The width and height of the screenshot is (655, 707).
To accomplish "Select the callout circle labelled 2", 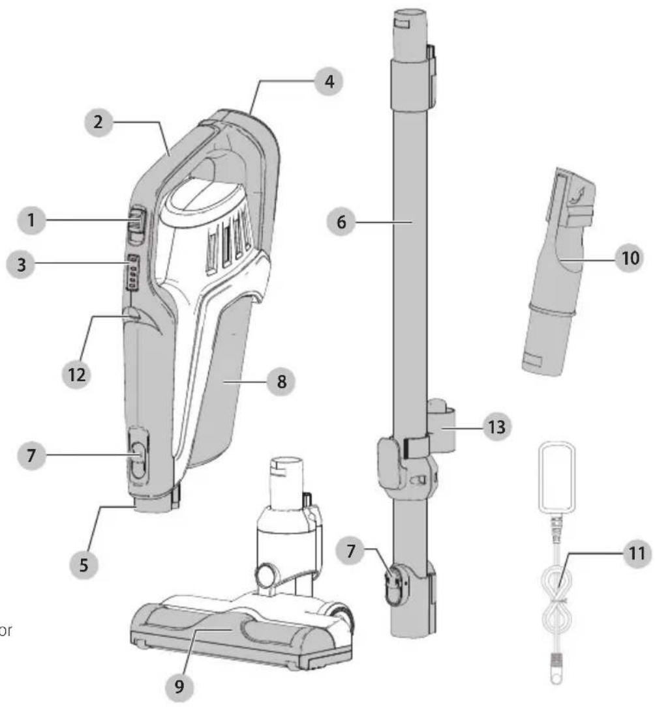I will pos(97,122).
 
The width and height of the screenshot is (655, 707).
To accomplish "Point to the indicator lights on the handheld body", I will pos(134,270).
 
